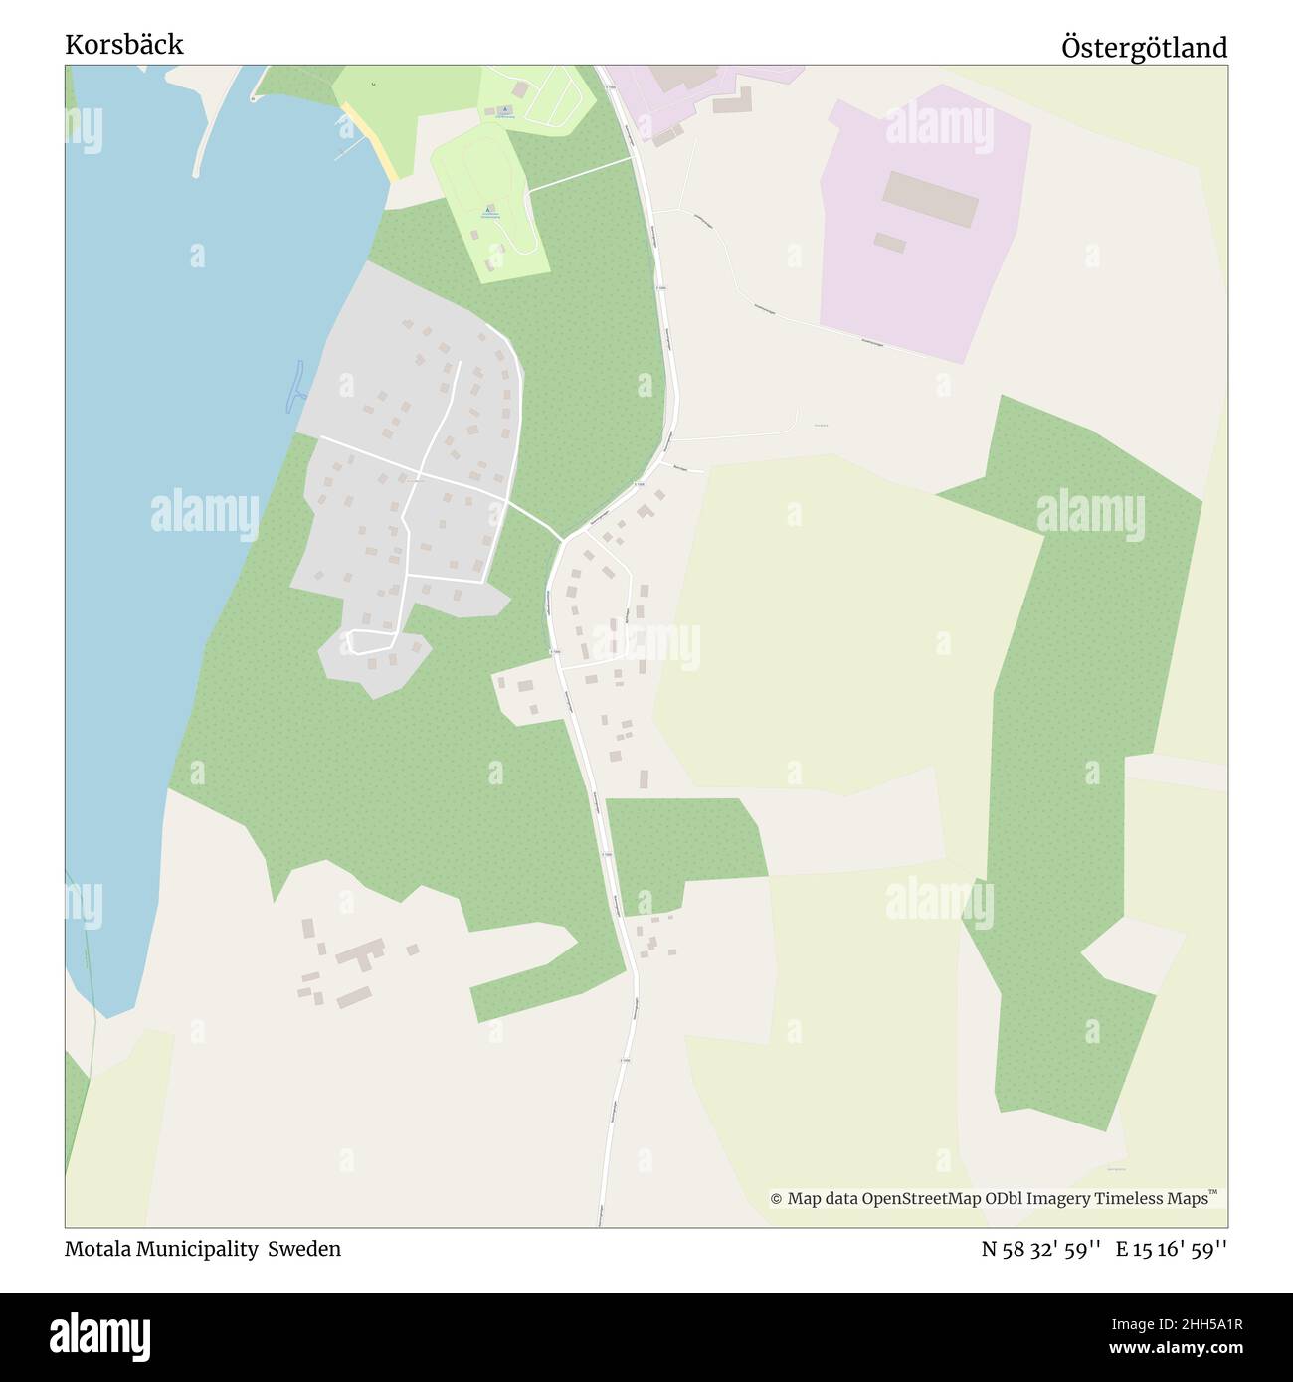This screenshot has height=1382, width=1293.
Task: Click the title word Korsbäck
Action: [x=124, y=45]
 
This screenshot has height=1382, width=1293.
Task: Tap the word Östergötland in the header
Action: [x=1144, y=47]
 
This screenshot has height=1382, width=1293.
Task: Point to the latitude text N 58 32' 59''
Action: [x=1040, y=1249]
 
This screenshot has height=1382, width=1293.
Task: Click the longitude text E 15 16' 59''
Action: [x=1172, y=1249]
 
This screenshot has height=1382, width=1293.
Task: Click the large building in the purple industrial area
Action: [x=931, y=198]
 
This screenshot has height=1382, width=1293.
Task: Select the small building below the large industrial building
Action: [x=890, y=243]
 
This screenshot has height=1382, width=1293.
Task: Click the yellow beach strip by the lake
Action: [x=370, y=140]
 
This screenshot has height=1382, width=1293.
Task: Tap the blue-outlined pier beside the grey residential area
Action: [x=293, y=386]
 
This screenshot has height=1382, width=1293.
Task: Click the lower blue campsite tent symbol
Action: [x=487, y=210]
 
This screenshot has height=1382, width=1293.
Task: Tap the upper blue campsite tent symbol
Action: [x=504, y=110]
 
